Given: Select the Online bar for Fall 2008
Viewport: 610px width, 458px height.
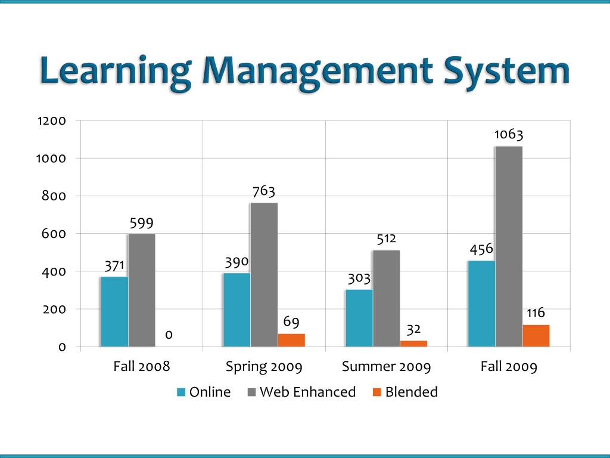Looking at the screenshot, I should [114, 311].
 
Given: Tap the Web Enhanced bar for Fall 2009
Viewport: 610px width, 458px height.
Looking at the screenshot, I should [509, 246].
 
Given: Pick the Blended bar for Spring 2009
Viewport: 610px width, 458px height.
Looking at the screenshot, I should [291, 340].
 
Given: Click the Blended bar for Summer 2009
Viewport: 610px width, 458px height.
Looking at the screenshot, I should [413, 343].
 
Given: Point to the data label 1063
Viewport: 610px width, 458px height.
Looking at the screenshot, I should [509, 134].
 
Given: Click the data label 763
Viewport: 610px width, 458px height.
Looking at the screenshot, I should [264, 191].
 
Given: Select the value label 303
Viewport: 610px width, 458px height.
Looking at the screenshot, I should [359, 278].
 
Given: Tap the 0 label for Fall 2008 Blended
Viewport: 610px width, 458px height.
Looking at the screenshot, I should [169, 335].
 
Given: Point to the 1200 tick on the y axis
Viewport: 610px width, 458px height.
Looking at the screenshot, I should [51, 121].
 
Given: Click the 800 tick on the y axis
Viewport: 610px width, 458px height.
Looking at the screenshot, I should [54, 196].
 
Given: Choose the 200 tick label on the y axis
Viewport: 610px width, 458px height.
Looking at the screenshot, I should [54, 309].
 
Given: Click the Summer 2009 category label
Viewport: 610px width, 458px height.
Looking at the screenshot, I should [386, 366].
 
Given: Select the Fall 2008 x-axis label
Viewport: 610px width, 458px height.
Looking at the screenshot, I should [142, 366].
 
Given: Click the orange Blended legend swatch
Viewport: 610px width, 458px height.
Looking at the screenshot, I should [376, 392].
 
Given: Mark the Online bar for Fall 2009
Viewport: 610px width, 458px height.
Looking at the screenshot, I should [481, 304].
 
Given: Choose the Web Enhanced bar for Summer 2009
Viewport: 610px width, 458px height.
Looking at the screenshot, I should [386, 298].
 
